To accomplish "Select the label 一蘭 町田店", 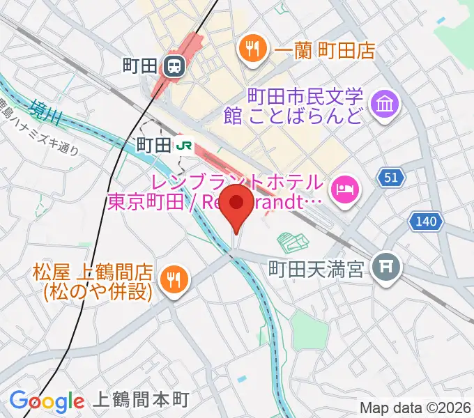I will (325, 50).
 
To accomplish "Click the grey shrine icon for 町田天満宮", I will (384, 268).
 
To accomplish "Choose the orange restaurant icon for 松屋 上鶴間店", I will (171, 280).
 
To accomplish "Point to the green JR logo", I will (185, 145).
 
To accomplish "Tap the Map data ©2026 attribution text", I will (415, 408).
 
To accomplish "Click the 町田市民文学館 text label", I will (305, 104).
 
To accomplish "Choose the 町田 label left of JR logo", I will (153, 145).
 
